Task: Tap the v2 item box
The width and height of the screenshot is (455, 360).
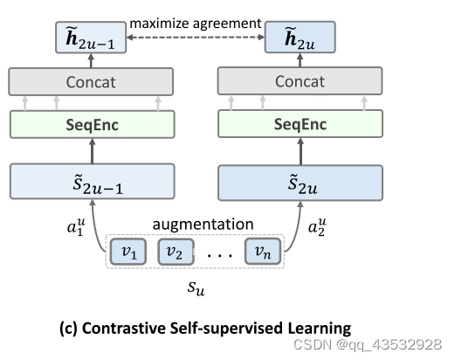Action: point(176,253)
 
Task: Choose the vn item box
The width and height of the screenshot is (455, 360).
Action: point(262,253)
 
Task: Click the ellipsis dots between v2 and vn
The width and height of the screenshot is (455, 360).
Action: point(219,254)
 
